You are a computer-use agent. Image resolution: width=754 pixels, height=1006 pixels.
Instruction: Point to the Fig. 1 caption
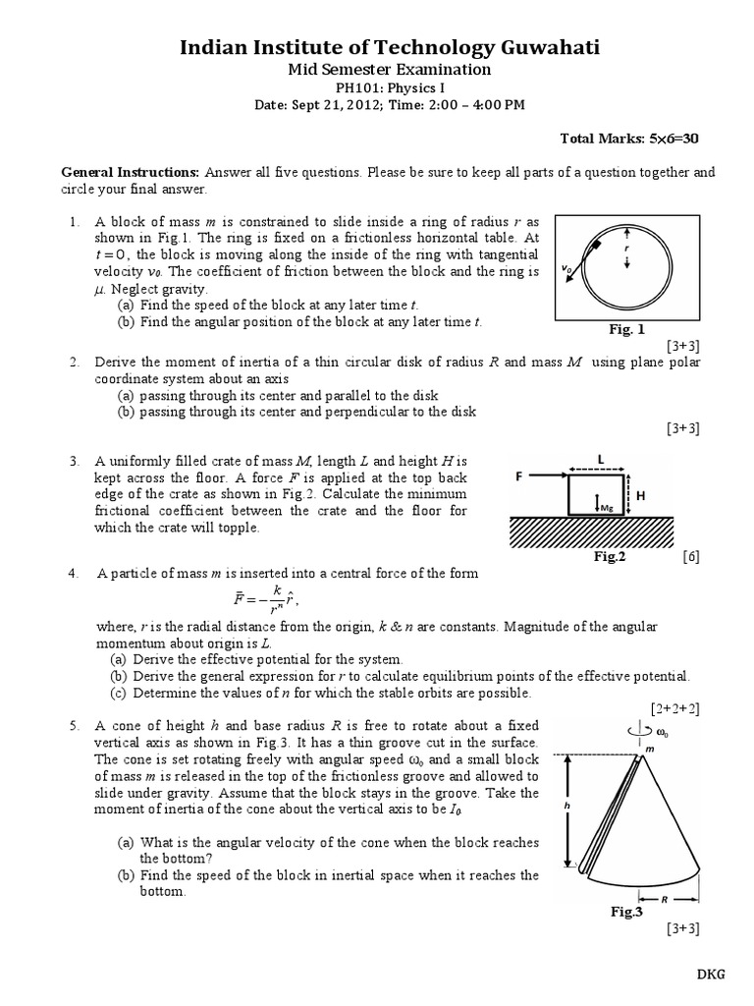[x=627, y=329]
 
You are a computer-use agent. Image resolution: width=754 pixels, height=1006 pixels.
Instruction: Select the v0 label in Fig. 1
[x=566, y=267]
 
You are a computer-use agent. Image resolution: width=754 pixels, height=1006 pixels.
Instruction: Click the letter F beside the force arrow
[x=520, y=475]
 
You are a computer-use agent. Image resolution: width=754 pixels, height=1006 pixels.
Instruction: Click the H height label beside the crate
[x=641, y=497]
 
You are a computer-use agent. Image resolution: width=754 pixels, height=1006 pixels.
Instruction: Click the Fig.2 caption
[x=609, y=556]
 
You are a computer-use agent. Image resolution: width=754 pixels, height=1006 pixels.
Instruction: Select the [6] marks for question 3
[x=692, y=556]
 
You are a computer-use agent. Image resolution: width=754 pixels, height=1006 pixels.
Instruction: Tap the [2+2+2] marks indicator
[x=674, y=707]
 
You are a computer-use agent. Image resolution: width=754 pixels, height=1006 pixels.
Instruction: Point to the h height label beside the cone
[x=565, y=804]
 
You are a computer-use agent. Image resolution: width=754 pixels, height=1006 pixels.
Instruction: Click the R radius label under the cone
[x=668, y=896]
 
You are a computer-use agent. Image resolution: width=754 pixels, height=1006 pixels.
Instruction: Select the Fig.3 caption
[x=626, y=912]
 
